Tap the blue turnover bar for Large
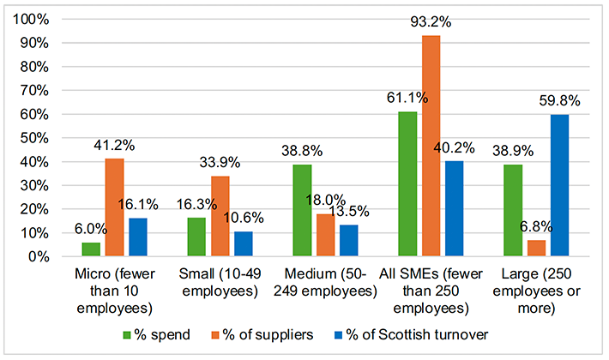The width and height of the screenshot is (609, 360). click(559, 186)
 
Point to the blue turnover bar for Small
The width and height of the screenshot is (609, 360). click(243, 244)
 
